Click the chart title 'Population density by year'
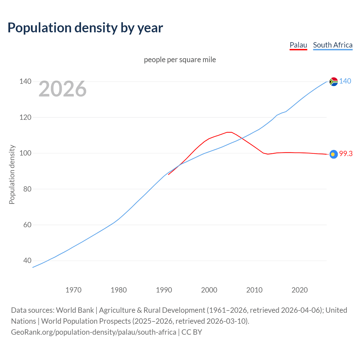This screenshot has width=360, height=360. point(85,28)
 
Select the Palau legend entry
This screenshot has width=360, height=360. point(298,45)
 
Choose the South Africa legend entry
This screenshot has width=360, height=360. point(333,45)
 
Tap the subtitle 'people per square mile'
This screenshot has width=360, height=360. point(180,60)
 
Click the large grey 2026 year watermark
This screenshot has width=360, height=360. point(62,89)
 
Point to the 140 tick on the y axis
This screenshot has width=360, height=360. point(25,82)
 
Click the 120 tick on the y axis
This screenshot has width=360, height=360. point(25,117)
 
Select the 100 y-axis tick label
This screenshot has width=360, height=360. point(25,153)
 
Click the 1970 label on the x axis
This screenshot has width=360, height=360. point(73,290)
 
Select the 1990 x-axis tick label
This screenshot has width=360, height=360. point(164,290)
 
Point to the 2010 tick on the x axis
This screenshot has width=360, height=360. point(254,290)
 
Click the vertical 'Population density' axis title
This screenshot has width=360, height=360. point(12,174)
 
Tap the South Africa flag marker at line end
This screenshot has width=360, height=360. point(334,82)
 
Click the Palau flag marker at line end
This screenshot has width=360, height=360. point(334,154)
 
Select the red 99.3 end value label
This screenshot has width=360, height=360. point(346,154)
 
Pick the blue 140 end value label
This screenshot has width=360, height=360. point(345,81)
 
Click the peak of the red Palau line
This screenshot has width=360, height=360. point(229,132)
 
